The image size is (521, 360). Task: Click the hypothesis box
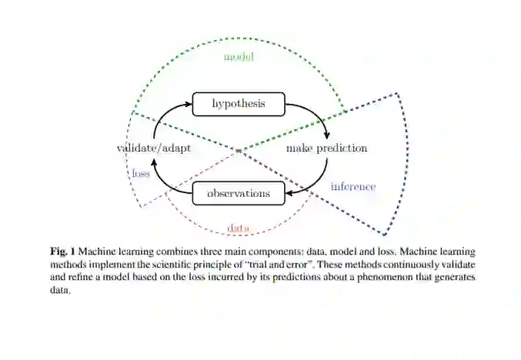pos(239,104)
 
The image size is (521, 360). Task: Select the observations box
pos(239,193)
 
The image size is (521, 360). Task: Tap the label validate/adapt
pos(154,148)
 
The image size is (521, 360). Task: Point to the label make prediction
pos(326,148)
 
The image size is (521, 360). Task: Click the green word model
pos(239,58)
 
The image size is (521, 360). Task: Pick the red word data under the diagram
pos(239,228)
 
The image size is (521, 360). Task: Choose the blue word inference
pos(352,187)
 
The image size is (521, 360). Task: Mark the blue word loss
pos(140,174)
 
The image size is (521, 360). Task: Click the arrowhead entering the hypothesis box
pos(188,104)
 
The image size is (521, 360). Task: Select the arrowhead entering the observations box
pos(290,193)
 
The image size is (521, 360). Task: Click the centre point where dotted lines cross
pos(239,149)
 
